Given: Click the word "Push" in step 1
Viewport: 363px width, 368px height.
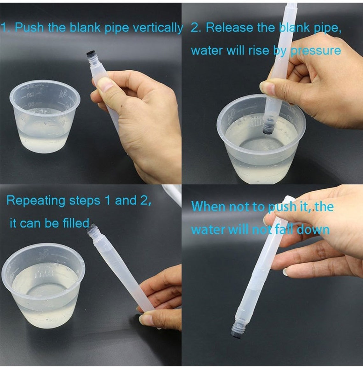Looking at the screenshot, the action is (29, 27).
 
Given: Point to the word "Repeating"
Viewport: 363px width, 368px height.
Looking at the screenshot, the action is (36, 201).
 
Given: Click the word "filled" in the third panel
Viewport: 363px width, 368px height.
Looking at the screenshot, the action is (76, 223).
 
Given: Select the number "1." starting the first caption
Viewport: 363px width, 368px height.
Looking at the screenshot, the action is (6, 27).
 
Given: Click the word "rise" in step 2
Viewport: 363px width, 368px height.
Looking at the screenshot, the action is (259, 50).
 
